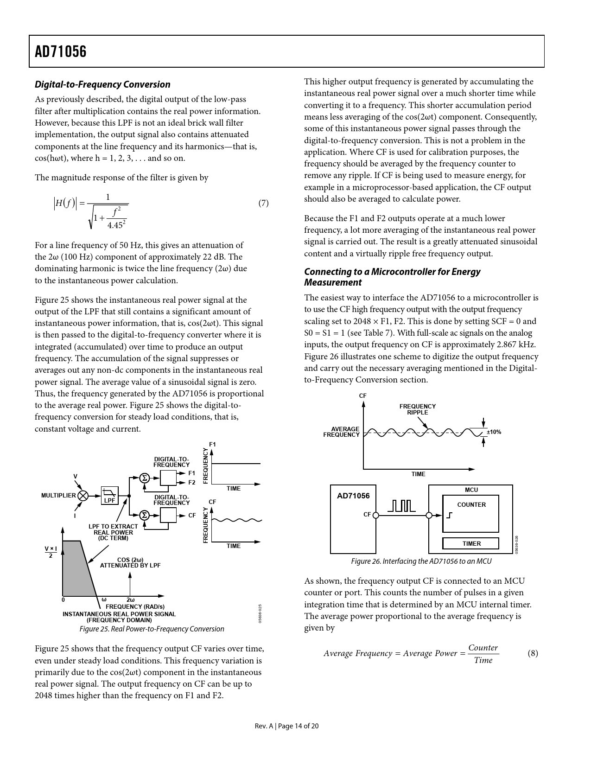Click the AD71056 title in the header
pos(61,52)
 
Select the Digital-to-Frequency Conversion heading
pos(102,84)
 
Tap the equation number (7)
pos(263,203)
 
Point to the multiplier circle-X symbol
pos(83,495)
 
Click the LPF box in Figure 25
pos(109,495)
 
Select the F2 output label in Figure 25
pos(192,482)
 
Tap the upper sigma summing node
pos(144,478)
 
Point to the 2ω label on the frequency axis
pos(130,599)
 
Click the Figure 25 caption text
pos(152,629)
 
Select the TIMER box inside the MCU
pos(471,543)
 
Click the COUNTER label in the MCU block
pos(471,504)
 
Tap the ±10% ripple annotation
pos(494,432)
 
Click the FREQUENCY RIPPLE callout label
pos(417,409)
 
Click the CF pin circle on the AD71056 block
pos(376,515)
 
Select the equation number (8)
pos(533,653)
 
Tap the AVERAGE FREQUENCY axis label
pos(342,432)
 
